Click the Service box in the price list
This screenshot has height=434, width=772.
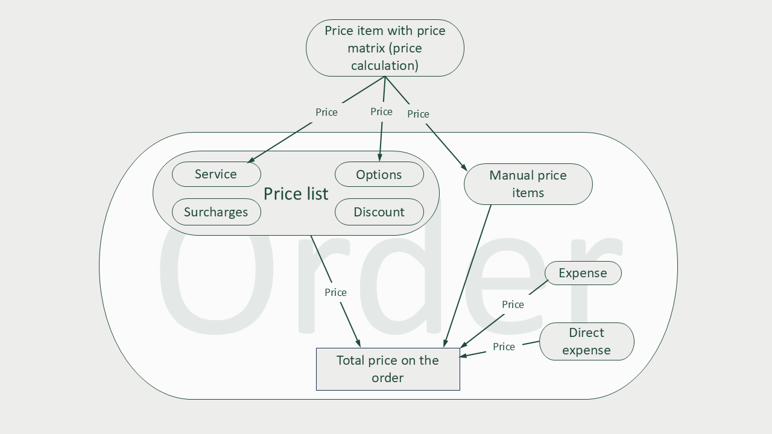point(216,174)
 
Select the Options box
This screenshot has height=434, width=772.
point(379,175)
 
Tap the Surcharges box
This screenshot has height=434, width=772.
point(216,212)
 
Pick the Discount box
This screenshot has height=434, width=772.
point(379,212)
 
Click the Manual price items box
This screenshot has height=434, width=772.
point(528,184)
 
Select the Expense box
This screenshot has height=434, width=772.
point(583,273)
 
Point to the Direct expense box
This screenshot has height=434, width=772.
point(586,341)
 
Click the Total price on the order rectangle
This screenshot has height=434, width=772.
point(388,369)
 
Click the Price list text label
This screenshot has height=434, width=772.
point(296,193)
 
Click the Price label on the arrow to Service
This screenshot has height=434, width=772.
point(326,112)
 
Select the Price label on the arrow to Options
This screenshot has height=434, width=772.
point(381,112)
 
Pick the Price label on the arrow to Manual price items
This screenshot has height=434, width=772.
point(418,114)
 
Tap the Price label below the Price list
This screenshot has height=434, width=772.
point(335,292)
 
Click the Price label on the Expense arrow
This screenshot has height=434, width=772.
point(513,304)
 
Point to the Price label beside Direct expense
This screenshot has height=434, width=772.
point(504,347)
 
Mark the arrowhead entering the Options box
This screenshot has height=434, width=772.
point(379,158)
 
